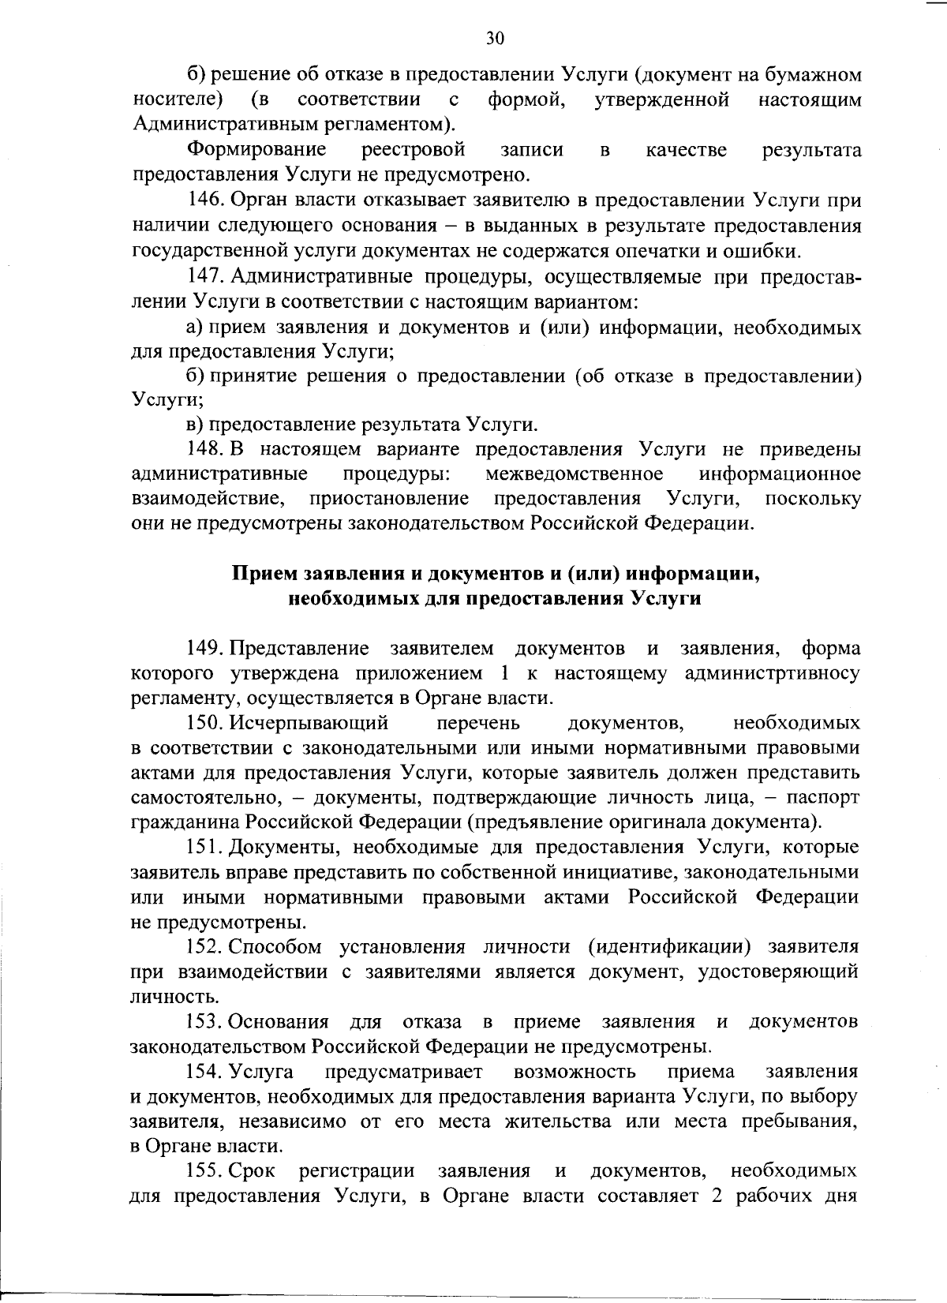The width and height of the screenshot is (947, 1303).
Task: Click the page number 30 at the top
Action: click(495, 38)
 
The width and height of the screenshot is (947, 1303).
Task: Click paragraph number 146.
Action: click(208, 200)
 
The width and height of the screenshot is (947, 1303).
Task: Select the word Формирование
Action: click(256, 150)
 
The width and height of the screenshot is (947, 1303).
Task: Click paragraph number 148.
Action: click(207, 449)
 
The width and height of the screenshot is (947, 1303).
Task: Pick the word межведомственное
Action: click(574, 474)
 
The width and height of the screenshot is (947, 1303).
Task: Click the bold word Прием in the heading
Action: click(261, 574)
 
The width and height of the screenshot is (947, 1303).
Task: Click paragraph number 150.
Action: click(207, 723)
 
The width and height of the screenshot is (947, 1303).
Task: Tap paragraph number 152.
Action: click(207, 946)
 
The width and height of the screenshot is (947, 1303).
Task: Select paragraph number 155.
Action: click(207, 1170)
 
